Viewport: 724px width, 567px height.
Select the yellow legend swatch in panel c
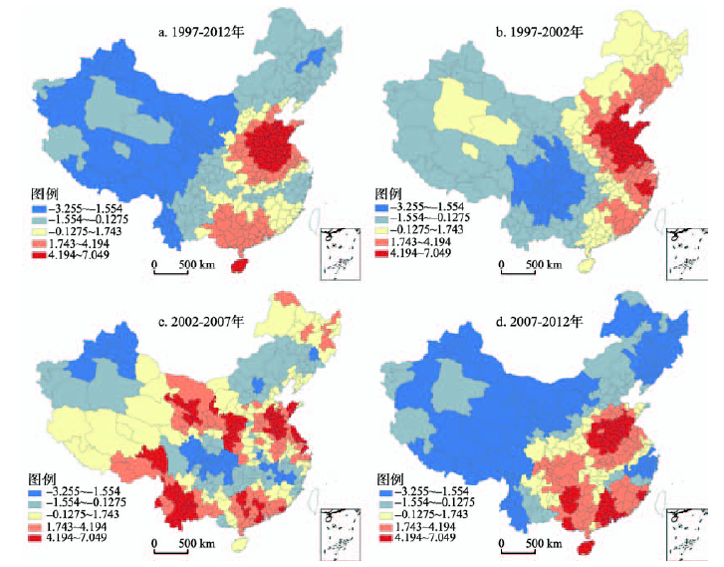[x=40, y=514]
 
